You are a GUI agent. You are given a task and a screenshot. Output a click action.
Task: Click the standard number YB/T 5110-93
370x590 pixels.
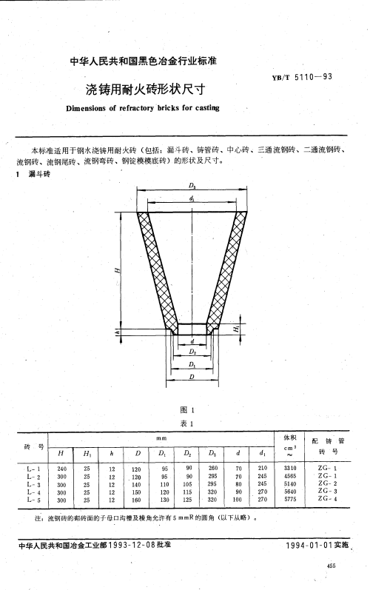(303, 77)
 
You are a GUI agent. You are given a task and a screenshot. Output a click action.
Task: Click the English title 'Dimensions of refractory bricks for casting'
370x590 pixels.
(143, 108)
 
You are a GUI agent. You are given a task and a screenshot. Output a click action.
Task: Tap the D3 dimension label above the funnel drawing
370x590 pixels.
(192, 186)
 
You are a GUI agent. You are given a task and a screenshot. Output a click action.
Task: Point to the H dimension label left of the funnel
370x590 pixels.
(118, 270)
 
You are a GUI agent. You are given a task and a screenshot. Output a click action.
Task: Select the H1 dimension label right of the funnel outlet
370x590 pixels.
(236, 329)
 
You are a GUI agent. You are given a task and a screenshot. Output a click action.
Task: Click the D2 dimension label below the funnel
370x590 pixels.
(192, 352)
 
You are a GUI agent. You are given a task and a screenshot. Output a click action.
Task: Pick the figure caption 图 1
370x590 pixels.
(187, 410)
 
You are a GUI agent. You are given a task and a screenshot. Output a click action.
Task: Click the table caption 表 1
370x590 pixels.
(187, 423)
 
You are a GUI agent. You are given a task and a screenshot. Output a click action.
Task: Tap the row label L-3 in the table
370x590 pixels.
(33, 485)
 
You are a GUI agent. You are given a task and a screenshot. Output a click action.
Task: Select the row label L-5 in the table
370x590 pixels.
(33, 500)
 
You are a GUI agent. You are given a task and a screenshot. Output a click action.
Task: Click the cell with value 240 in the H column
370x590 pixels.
(61, 469)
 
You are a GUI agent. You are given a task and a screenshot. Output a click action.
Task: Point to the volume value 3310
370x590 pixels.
(290, 469)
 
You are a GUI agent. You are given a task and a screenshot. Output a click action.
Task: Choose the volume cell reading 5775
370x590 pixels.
(290, 500)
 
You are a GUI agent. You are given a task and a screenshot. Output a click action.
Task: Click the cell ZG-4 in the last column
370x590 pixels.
(328, 499)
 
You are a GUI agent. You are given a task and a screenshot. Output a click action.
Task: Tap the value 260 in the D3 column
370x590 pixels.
(213, 468)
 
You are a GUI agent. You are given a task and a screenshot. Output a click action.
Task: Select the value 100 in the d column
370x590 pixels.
(238, 500)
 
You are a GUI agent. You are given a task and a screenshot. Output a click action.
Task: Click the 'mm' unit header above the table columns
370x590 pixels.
(161, 438)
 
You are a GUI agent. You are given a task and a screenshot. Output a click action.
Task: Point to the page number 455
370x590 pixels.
(332, 566)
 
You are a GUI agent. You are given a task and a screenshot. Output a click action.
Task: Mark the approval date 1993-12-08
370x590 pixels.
(131, 544)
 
